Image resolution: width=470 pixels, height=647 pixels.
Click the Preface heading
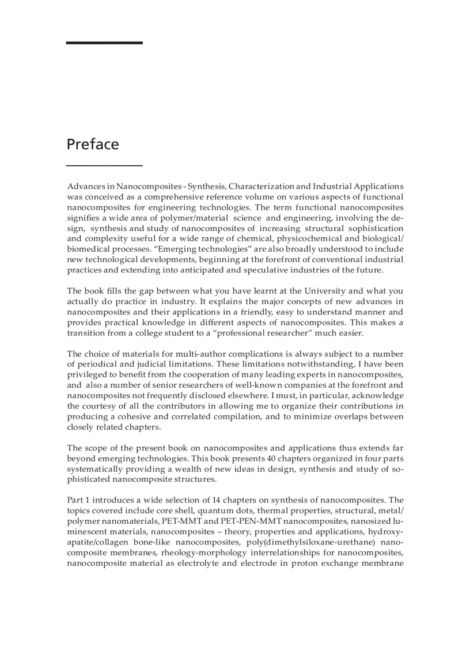click(x=93, y=144)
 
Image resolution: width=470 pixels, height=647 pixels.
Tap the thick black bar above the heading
click(x=104, y=43)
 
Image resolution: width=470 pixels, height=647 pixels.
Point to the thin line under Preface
click(x=104, y=165)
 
